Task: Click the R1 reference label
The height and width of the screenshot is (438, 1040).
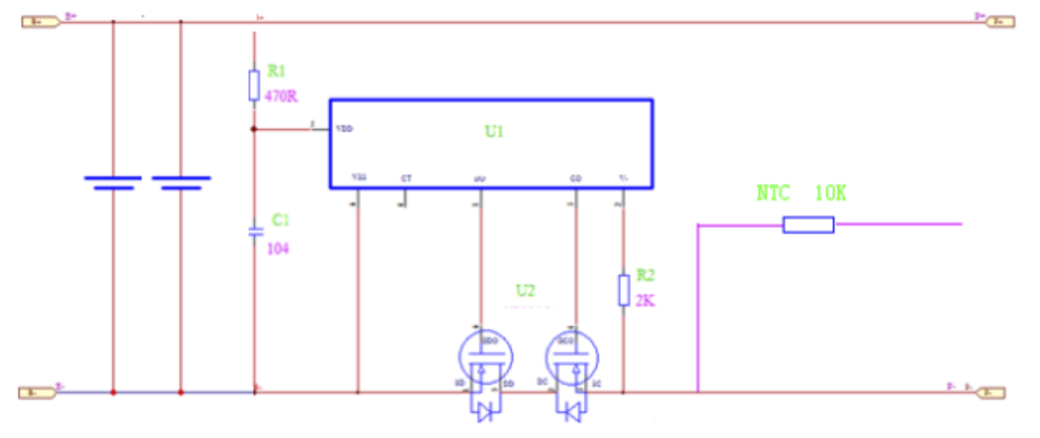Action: point(276,71)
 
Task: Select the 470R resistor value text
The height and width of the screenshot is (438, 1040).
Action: point(281,96)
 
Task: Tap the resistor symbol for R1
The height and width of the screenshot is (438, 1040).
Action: point(254,85)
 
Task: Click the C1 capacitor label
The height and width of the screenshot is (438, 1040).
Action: point(280,220)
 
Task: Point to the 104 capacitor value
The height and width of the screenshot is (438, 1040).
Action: point(278,249)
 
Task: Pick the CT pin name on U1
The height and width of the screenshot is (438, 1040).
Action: point(406,178)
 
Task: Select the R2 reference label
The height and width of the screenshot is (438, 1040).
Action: point(645,275)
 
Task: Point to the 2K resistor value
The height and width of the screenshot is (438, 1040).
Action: point(645,301)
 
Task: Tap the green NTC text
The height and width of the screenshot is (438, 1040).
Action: point(773,193)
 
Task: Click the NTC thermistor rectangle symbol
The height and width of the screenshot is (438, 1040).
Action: point(808,225)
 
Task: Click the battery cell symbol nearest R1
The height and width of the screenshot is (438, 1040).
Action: point(181,183)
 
